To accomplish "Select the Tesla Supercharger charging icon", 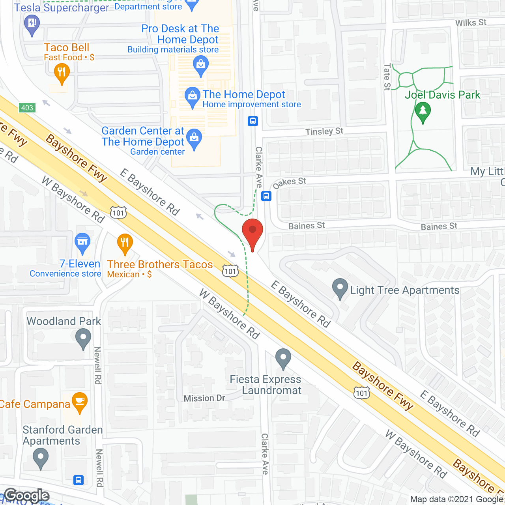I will tap(32, 24).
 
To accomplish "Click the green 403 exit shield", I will tap(27, 108).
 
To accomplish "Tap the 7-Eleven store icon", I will tap(82, 242).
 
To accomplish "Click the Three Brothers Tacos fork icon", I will tap(125, 243).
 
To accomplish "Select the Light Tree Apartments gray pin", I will tap(340, 288).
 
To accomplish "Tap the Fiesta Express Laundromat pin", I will tap(283, 358).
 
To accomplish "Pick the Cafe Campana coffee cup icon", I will tap(80, 402).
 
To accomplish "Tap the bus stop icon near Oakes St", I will tap(267, 196).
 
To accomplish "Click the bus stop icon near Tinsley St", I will tap(253, 121).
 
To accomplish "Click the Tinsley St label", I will tap(324, 131).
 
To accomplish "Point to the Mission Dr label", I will tap(204, 398).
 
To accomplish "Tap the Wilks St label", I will tap(471, 23).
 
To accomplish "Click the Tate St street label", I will tap(387, 77).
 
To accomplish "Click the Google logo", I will tap(27, 496).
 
